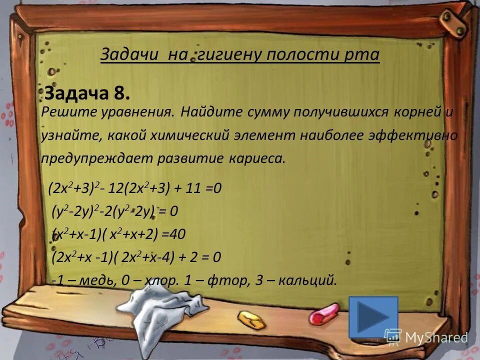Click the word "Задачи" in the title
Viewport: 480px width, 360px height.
(x=127, y=54)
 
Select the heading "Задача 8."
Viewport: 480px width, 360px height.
(x=87, y=93)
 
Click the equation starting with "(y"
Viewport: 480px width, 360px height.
(x=115, y=212)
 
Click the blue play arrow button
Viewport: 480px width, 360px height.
(x=373, y=316)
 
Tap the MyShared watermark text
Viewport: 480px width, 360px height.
(x=436, y=337)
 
